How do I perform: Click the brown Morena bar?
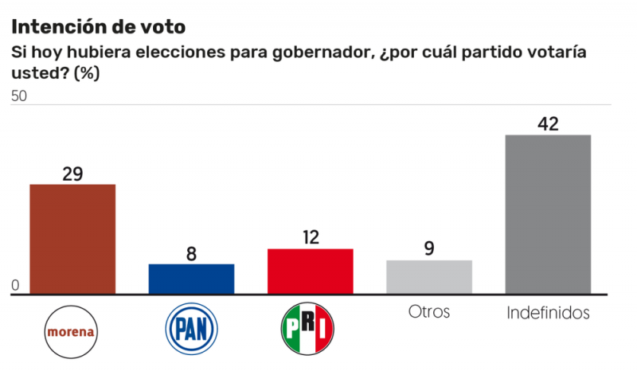(72, 238)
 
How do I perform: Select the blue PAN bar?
(191, 279)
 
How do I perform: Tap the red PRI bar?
(310, 271)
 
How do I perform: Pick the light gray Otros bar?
(429, 276)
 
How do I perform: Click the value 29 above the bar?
(72, 173)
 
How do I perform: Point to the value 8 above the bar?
(191, 253)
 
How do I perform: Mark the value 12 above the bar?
(310, 237)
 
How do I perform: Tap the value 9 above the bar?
(429, 248)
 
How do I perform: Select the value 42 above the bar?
(548, 123)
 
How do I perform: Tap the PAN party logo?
(191, 329)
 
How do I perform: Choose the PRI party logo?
(309, 329)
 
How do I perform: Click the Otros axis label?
(429, 311)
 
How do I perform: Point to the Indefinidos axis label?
(548, 313)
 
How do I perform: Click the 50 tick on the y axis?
(19, 96)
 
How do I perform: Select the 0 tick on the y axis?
(14, 286)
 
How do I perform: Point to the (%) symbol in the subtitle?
(86, 72)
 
